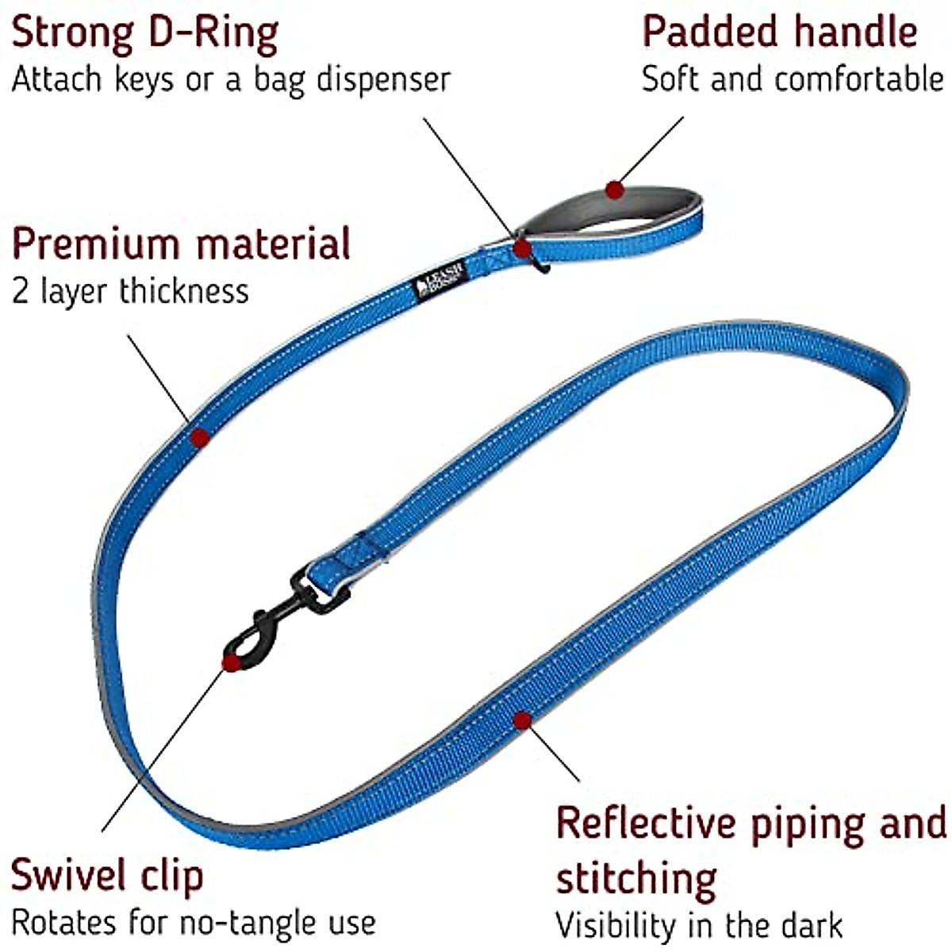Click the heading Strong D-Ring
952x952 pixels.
pyautogui.click(x=144, y=33)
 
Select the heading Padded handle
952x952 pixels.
pyautogui.click(x=779, y=32)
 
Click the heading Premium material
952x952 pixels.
pyautogui.click(x=181, y=244)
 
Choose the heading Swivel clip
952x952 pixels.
pyautogui.click(x=107, y=875)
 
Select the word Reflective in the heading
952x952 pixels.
pyautogui.click(x=647, y=823)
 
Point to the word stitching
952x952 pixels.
pyautogui.click(x=636, y=878)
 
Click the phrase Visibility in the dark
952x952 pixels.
pyautogui.click(x=698, y=926)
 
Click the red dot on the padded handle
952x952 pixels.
pyautogui.click(x=613, y=190)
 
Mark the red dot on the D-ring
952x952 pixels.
pyautogui.click(x=521, y=248)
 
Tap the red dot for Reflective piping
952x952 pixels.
pyautogui.click(x=521, y=720)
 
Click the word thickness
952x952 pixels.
pyautogui.click(x=183, y=291)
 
